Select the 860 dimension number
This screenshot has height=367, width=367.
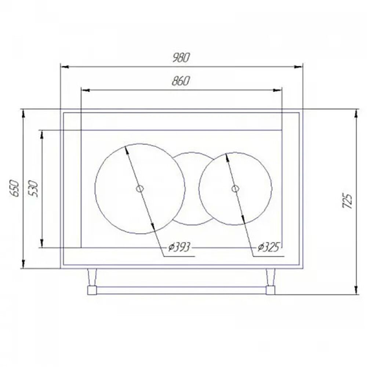coord(180,81)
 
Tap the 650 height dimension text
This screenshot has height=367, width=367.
coord(14,188)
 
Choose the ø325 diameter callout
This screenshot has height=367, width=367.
coord(270,248)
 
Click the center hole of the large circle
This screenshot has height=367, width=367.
coord(139,189)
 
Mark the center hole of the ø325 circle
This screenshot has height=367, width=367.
coord(235,189)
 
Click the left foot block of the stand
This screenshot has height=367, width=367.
coord(92,291)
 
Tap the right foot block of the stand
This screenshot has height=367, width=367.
coord(270,291)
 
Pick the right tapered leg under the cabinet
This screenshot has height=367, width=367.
coord(270,277)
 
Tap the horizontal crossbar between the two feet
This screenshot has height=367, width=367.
coord(181,291)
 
